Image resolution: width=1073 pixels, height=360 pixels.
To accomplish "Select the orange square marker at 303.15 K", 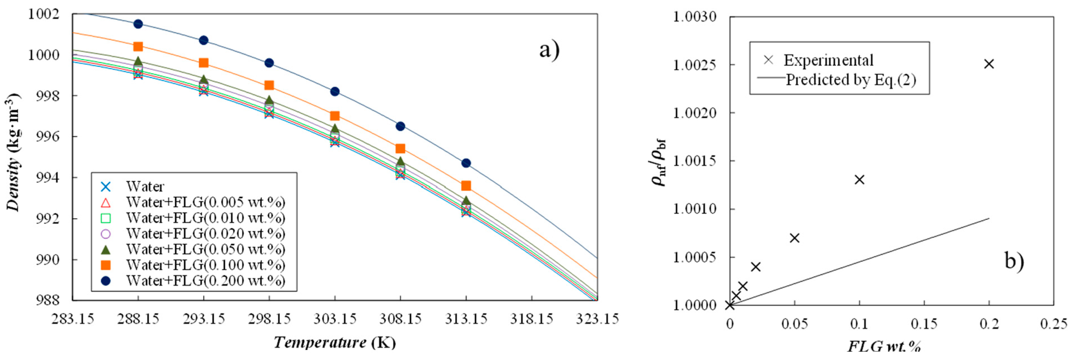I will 335,116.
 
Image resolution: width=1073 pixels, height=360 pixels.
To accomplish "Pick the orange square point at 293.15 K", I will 203,63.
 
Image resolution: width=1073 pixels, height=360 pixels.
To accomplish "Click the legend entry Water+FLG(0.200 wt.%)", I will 205,280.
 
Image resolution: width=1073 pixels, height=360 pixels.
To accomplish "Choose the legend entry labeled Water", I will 145,186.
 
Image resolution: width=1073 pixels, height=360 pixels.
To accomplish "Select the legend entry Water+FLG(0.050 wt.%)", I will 205,249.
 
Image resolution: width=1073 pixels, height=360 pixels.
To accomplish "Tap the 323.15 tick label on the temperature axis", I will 597,319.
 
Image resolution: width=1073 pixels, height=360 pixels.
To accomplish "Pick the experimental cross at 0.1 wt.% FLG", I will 859,180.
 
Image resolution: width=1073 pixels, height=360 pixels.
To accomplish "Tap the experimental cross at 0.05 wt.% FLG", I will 794,238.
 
